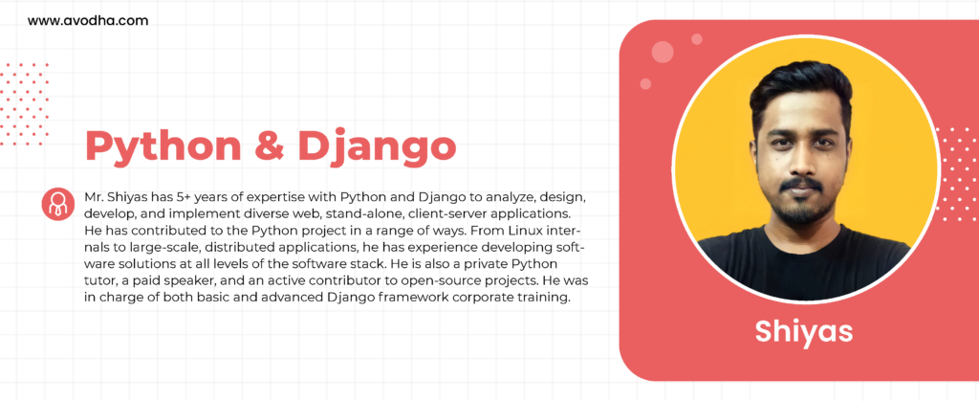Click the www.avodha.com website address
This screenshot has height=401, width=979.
click(88, 21)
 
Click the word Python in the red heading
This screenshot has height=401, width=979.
click(163, 147)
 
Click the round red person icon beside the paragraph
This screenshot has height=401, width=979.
click(58, 204)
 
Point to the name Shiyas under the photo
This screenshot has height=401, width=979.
click(803, 331)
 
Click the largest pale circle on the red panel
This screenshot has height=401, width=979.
click(663, 52)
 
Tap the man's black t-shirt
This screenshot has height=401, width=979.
click(805, 265)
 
